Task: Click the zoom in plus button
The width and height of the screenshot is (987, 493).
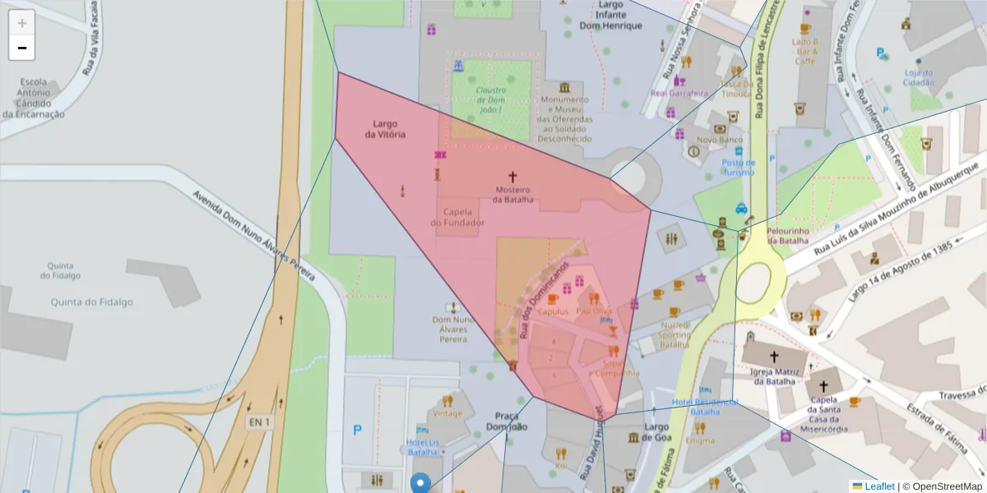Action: point(21,22)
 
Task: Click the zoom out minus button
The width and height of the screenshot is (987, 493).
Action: point(21,48)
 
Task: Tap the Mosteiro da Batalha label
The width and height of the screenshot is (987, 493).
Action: point(512,195)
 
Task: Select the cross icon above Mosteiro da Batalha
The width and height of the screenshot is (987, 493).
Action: point(512,176)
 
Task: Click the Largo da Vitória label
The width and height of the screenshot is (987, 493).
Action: point(385,129)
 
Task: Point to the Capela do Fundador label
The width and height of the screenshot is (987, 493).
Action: point(457,217)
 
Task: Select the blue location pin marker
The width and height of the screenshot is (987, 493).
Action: point(420,482)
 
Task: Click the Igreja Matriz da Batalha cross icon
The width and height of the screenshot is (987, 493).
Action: point(773,357)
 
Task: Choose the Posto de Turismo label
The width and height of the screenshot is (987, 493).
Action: point(739,167)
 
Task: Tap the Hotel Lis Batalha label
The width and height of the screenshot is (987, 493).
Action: point(423,447)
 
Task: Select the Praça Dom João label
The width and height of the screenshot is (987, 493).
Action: point(506,421)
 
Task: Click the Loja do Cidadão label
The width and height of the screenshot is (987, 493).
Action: point(919,77)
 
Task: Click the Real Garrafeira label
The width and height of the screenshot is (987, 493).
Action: point(679,93)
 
